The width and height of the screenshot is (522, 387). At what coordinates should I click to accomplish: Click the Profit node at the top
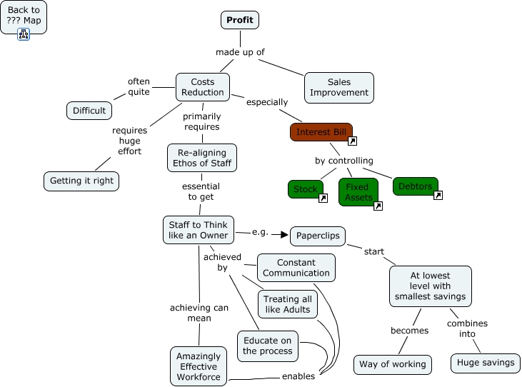(240, 20)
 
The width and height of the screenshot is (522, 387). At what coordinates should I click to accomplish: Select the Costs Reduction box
(203, 87)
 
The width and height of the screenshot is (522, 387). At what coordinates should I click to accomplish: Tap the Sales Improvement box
(339, 88)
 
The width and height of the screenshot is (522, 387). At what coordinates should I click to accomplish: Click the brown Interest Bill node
(321, 132)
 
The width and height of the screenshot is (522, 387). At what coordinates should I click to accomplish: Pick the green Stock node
(306, 189)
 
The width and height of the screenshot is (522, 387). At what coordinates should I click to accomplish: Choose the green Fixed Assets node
(358, 192)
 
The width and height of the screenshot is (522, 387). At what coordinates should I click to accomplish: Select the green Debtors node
(416, 186)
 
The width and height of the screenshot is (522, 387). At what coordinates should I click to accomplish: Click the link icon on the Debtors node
(438, 196)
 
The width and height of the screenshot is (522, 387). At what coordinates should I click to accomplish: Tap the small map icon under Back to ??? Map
(24, 34)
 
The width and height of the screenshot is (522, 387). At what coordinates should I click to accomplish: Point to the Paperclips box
(318, 236)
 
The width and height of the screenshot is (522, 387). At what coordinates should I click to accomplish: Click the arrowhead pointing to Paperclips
(284, 235)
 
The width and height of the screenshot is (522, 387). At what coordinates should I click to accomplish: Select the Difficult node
(89, 111)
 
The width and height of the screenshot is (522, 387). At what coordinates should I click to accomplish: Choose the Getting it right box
(81, 181)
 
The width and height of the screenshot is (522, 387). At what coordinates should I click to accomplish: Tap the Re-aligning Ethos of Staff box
(202, 158)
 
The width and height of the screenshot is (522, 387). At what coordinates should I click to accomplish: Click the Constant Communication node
(296, 268)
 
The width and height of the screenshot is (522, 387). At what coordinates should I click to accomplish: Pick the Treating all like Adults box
(288, 304)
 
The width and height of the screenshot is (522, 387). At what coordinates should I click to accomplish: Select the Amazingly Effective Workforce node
(199, 366)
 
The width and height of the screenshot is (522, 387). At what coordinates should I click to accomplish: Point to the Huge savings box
(486, 363)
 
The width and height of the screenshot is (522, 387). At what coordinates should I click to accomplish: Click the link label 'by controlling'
(344, 161)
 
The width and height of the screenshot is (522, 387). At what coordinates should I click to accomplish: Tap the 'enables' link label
(298, 376)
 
